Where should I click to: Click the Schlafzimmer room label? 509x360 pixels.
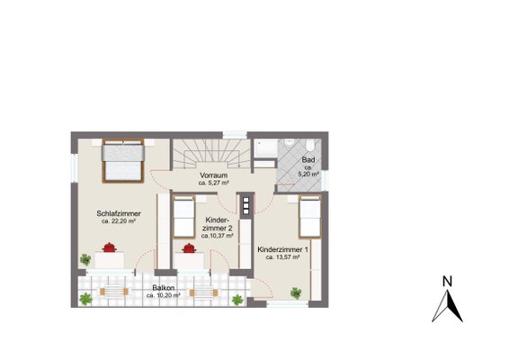pos(119,213)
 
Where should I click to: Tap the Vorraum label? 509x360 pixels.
pos(214,175)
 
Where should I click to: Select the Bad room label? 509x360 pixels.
pos(308,160)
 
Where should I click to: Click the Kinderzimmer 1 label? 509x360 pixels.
pos(282,249)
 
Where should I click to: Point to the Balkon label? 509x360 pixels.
pos(164,288)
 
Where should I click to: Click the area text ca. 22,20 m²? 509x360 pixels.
pos(119,221)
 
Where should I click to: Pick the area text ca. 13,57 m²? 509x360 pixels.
pos(282,257)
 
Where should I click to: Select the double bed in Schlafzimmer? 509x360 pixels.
pos(123,161)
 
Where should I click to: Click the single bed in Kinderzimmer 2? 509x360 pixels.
pos(183,216)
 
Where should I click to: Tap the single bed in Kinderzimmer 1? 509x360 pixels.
pos(310,216)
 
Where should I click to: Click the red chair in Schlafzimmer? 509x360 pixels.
pos(110,247)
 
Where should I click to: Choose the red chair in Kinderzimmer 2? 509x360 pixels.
pos(189,248)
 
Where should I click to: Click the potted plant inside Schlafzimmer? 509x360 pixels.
pos(85,259)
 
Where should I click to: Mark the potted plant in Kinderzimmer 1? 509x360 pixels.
pos(296,293)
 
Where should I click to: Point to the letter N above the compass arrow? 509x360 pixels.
pos(447,282)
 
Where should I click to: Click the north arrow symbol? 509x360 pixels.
pos(447,306)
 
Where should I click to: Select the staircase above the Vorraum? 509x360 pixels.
pos(211,154)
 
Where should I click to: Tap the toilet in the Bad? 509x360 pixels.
pos(310,145)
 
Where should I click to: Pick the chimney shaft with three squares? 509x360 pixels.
pos(246,206)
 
